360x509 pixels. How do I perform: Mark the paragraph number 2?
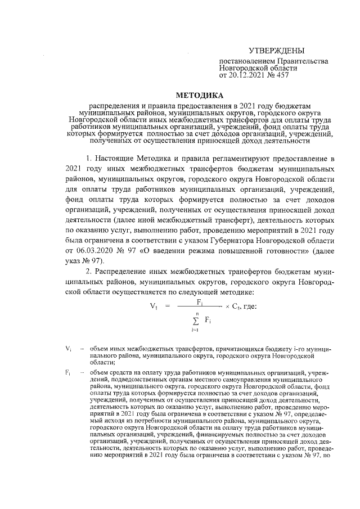pyautogui.click(x=88, y=272)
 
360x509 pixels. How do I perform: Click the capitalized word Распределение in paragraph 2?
pyautogui.click(x=124, y=272)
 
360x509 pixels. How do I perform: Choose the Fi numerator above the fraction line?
pyautogui.click(x=200, y=302)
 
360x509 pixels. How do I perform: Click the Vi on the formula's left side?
pyautogui.click(x=152, y=307)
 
